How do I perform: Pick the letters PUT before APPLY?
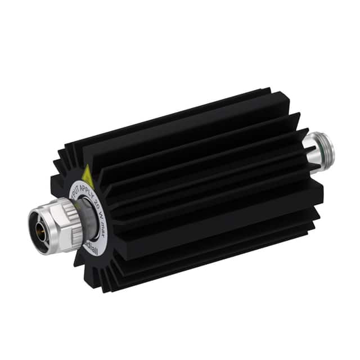76,186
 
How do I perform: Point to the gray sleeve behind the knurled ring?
85,219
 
